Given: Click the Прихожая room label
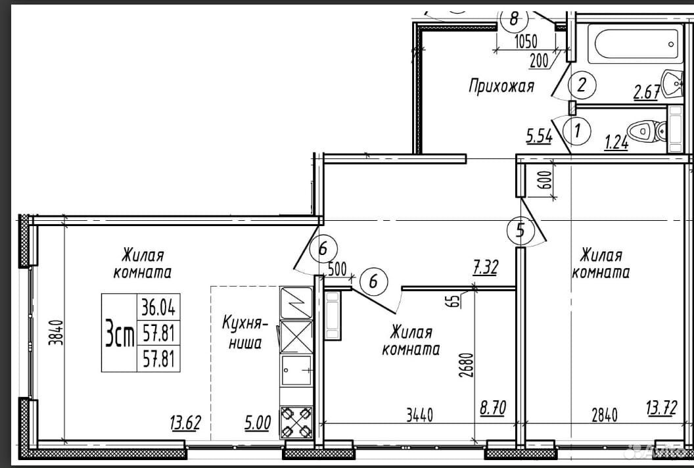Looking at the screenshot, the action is tap(501, 86).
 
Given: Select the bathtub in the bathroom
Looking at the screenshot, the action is tap(633, 43).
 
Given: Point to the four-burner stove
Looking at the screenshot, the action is tap(296, 423).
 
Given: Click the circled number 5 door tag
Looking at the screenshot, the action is tap(521, 230).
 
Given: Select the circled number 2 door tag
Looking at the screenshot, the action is tap(582, 84).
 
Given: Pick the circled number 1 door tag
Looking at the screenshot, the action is tap(577, 131).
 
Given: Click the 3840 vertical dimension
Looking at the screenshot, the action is tap(58, 333).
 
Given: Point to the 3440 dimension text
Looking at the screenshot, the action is tap(419, 415).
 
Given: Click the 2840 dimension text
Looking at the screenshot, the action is tap(604, 415).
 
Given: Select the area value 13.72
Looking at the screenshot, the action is tap(662, 408).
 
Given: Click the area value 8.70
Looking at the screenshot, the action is tap(493, 408).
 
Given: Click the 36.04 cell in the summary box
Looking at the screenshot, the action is tap(158, 307).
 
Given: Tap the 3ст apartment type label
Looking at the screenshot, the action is tap(120, 333).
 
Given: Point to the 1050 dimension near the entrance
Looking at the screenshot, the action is tap(526, 41).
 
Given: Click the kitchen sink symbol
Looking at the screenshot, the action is tap(296, 370).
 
